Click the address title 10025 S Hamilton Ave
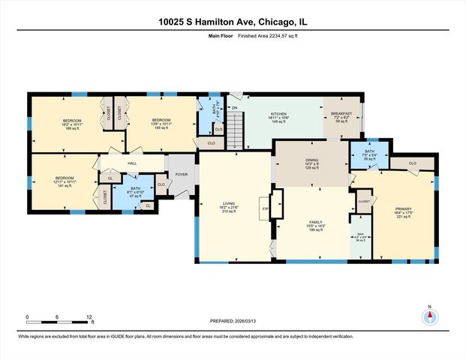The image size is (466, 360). tap(233, 22)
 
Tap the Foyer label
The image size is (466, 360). tap(182, 174)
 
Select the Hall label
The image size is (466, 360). tap(132, 163)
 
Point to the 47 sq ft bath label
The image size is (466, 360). tap(134, 192)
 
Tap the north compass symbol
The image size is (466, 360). tap(429, 316)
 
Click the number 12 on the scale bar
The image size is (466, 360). tap(89, 317)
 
